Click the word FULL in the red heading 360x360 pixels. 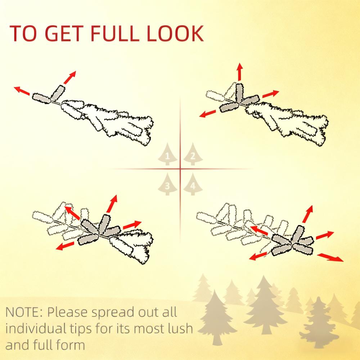115,33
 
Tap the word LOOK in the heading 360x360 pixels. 175,33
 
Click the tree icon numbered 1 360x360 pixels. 167,154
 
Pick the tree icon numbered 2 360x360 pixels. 193,154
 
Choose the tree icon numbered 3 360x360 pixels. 167,184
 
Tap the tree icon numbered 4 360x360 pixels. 193,184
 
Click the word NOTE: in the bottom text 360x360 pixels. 24,312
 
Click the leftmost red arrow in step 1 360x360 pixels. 22,91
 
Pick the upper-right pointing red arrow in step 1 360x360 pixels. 70,77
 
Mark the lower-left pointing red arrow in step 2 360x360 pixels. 208,114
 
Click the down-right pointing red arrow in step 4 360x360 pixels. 330,257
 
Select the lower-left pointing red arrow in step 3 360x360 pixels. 65,246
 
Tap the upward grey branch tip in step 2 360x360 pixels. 239,93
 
